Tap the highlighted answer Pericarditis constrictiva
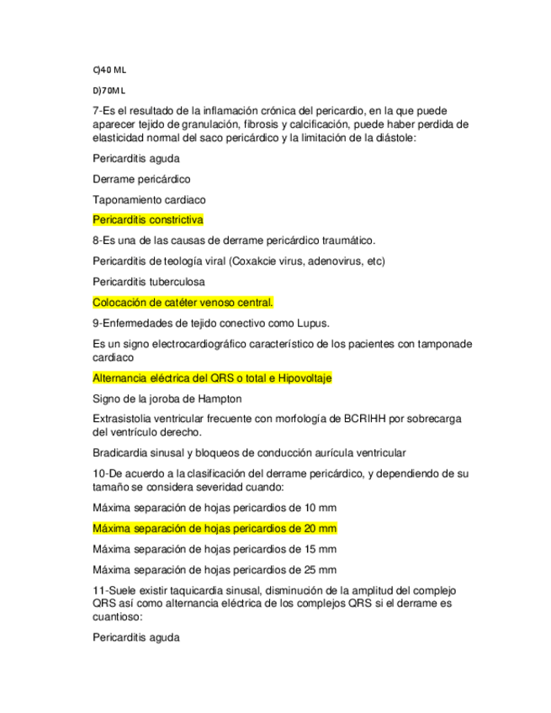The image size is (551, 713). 148,219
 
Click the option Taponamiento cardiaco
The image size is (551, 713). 149,199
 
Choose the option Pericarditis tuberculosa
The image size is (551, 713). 148,282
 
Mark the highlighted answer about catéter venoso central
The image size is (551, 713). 183,302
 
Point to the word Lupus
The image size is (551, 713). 310,323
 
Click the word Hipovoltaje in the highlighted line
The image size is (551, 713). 301,378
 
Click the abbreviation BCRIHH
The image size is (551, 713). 363,419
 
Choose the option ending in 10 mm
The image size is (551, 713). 215,507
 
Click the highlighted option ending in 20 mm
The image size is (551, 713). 215,528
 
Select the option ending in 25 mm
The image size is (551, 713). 215,570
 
